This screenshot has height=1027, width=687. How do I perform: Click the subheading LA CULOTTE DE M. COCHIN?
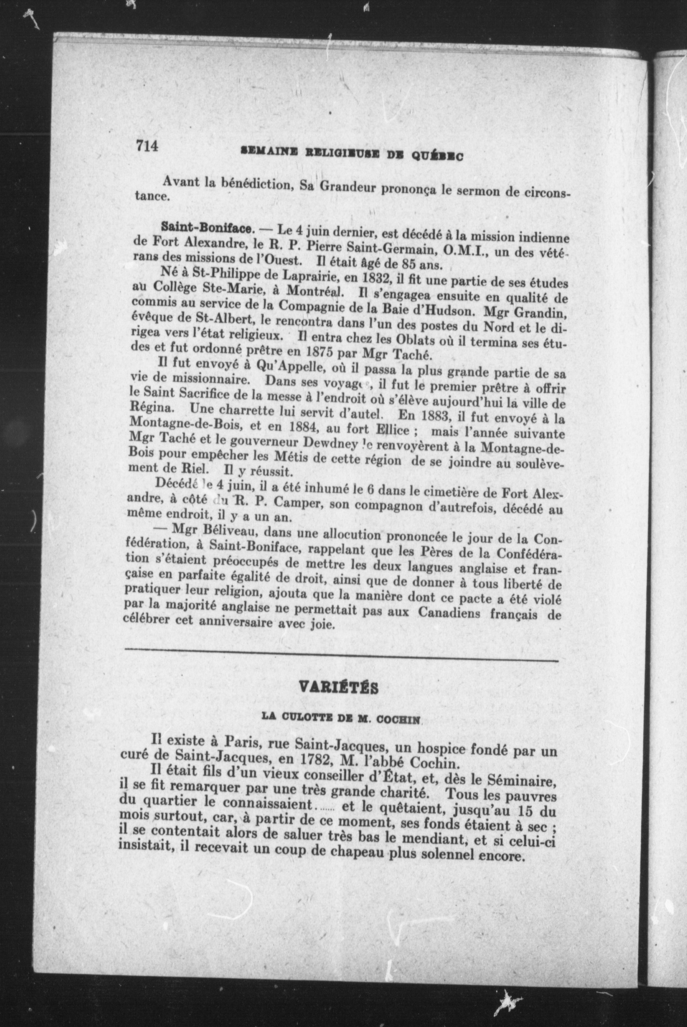click(341, 719)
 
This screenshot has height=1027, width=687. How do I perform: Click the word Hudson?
click(444, 312)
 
